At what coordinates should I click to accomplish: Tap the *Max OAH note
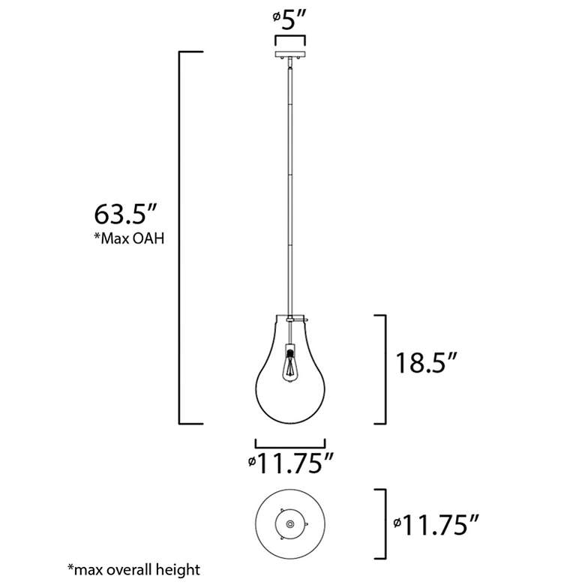(129, 238)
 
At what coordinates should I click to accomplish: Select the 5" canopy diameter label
(289, 19)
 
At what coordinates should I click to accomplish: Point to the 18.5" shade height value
(426, 363)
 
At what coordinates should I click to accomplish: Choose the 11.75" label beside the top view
(436, 524)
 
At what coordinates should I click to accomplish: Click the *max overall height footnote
(133, 569)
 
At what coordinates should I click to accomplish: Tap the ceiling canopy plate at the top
(290, 55)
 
